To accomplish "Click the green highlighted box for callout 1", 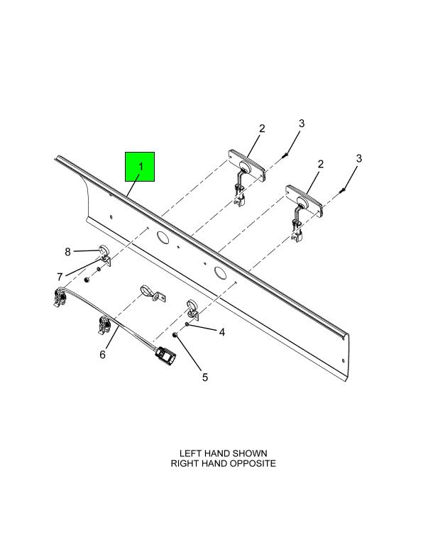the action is tap(140, 167).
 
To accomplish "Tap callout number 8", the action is tap(67, 252).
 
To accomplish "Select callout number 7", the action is tap(60, 277).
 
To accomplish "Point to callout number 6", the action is tap(102, 354).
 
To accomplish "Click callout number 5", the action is tap(205, 378).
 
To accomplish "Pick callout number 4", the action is tap(222, 332).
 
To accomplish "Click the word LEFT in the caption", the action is tap(190, 453).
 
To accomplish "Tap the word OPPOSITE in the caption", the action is tap(253, 463).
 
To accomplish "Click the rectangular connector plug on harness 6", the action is tap(165, 356).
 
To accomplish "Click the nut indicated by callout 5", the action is tap(175, 334).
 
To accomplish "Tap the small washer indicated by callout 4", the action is tap(187, 324).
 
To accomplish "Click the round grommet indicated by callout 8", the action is tap(104, 250).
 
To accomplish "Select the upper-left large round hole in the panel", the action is tap(161, 236).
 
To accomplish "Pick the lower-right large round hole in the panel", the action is tap(219, 272).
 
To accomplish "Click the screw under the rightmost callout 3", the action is tap(342, 189).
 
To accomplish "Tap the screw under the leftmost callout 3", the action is tap(285, 155).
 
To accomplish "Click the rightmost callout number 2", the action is tap(320, 165).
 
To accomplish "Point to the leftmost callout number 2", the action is tap(262, 129).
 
